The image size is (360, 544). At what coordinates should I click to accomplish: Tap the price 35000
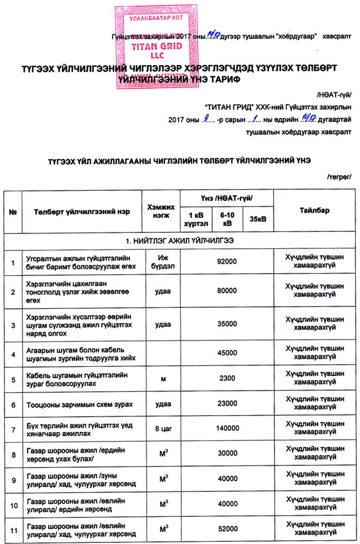(x=226, y=324)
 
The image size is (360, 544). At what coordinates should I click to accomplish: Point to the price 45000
(x=226, y=353)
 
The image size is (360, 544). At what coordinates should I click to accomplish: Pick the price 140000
(x=226, y=429)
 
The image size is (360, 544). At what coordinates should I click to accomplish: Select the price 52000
(x=226, y=528)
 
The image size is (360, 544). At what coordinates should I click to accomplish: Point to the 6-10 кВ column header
(x=226, y=219)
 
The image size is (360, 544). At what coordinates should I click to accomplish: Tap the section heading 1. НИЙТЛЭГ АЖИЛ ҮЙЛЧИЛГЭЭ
(x=180, y=239)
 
